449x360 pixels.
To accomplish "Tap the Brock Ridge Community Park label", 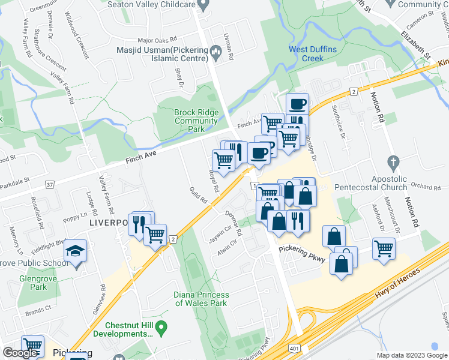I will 196,121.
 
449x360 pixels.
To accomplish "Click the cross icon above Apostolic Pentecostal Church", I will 393,162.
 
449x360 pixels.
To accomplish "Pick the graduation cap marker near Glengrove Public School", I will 76,251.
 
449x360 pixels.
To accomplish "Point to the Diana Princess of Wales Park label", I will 201,299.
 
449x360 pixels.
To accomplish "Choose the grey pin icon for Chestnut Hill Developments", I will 161,328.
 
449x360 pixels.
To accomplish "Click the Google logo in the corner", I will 20,353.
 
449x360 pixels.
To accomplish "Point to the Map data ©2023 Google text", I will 411,355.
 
